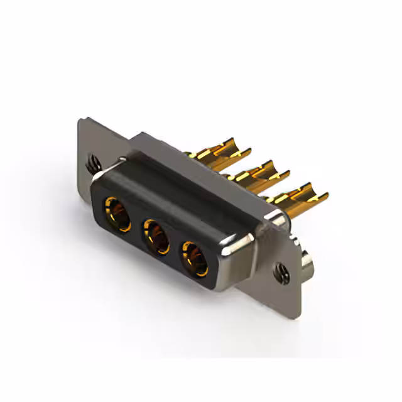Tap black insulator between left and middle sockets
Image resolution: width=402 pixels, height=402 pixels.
137,227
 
